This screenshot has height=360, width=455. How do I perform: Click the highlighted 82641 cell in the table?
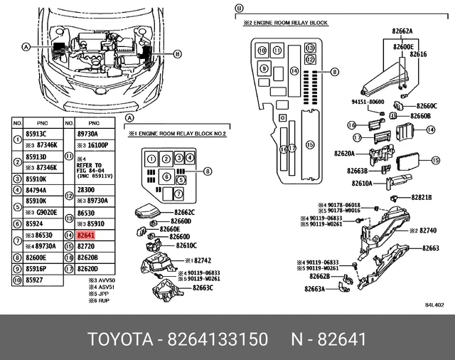point(86,234)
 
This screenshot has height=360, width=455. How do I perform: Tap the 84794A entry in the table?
point(36,190)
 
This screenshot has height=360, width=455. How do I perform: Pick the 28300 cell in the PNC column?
point(85,190)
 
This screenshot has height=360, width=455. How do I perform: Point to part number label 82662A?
point(402,32)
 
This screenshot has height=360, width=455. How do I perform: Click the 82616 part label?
point(419,54)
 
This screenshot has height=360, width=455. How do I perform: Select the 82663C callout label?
point(201,287)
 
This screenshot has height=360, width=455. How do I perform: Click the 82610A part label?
point(360,183)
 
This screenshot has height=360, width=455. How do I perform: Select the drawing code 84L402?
point(434,305)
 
